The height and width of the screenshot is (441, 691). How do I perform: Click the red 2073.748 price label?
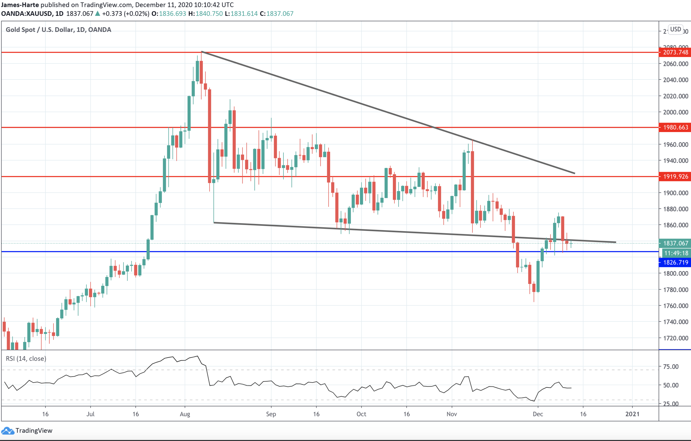tap(675, 52)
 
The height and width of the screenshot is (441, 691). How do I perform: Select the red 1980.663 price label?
tap(675, 127)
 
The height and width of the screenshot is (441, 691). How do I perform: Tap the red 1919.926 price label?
tap(675, 176)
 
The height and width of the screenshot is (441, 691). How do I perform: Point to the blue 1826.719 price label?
tap(675, 262)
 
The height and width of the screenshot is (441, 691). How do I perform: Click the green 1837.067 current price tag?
tap(675, 243)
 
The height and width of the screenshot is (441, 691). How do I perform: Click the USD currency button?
tap(676, 29)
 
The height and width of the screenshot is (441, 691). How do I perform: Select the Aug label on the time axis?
tap(185, 414)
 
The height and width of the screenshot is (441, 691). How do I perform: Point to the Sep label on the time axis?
tap(271, 414)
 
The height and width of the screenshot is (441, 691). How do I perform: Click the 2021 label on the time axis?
tap(632, 414)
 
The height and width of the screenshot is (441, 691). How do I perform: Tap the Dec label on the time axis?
tap(538, 414)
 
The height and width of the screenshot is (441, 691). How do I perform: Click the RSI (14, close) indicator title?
tap(26, 359)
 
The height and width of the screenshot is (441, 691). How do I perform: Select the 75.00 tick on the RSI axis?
tap(671, 366)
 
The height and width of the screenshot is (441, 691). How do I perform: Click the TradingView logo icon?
tap(7, 431)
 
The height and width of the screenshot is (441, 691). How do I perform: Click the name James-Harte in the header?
tap(20, 5)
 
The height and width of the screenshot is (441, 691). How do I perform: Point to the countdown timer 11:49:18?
tap(676, 253)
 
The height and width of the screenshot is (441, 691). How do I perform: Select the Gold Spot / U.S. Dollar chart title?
tap(58, 29)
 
